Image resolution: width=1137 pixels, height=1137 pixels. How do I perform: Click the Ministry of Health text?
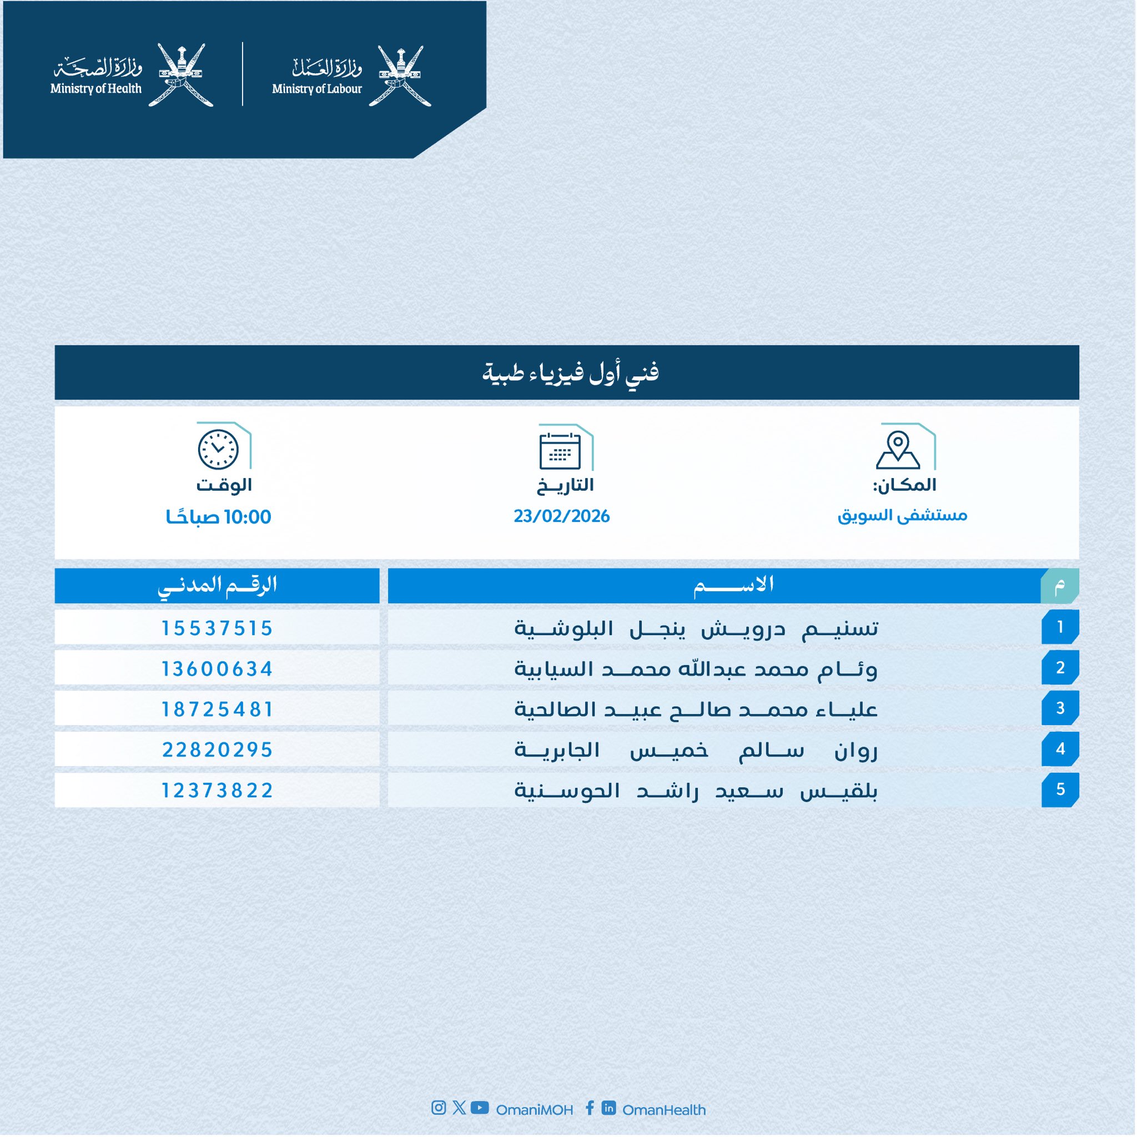96,89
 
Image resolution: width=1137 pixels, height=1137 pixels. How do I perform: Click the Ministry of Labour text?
316,89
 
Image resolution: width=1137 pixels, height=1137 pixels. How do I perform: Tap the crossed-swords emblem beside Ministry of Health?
180,75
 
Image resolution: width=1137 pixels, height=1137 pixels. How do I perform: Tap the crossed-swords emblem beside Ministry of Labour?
400,76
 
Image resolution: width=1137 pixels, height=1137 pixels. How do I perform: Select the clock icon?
218,450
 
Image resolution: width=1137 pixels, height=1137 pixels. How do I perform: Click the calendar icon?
560,451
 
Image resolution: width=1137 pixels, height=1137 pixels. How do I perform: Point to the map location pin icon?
898,450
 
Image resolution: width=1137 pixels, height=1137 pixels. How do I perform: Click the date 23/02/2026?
561,516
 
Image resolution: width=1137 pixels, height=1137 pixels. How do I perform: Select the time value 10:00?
247,517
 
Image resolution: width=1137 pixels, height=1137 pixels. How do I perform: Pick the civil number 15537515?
217,628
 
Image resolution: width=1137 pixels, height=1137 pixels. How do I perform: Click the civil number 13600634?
217,669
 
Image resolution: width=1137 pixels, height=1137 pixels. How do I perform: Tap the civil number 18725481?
217,709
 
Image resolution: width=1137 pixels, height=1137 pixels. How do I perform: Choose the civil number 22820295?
217,749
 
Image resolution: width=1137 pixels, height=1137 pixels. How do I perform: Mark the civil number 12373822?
217,791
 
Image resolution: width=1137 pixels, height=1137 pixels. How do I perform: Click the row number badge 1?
1060,627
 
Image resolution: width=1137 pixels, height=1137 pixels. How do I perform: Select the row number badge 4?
1060,748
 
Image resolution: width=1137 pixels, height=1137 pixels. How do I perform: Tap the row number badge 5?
1060,789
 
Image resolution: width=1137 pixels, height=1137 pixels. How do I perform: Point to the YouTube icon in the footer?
480,1108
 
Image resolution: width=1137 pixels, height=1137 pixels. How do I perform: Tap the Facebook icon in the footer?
590,1108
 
